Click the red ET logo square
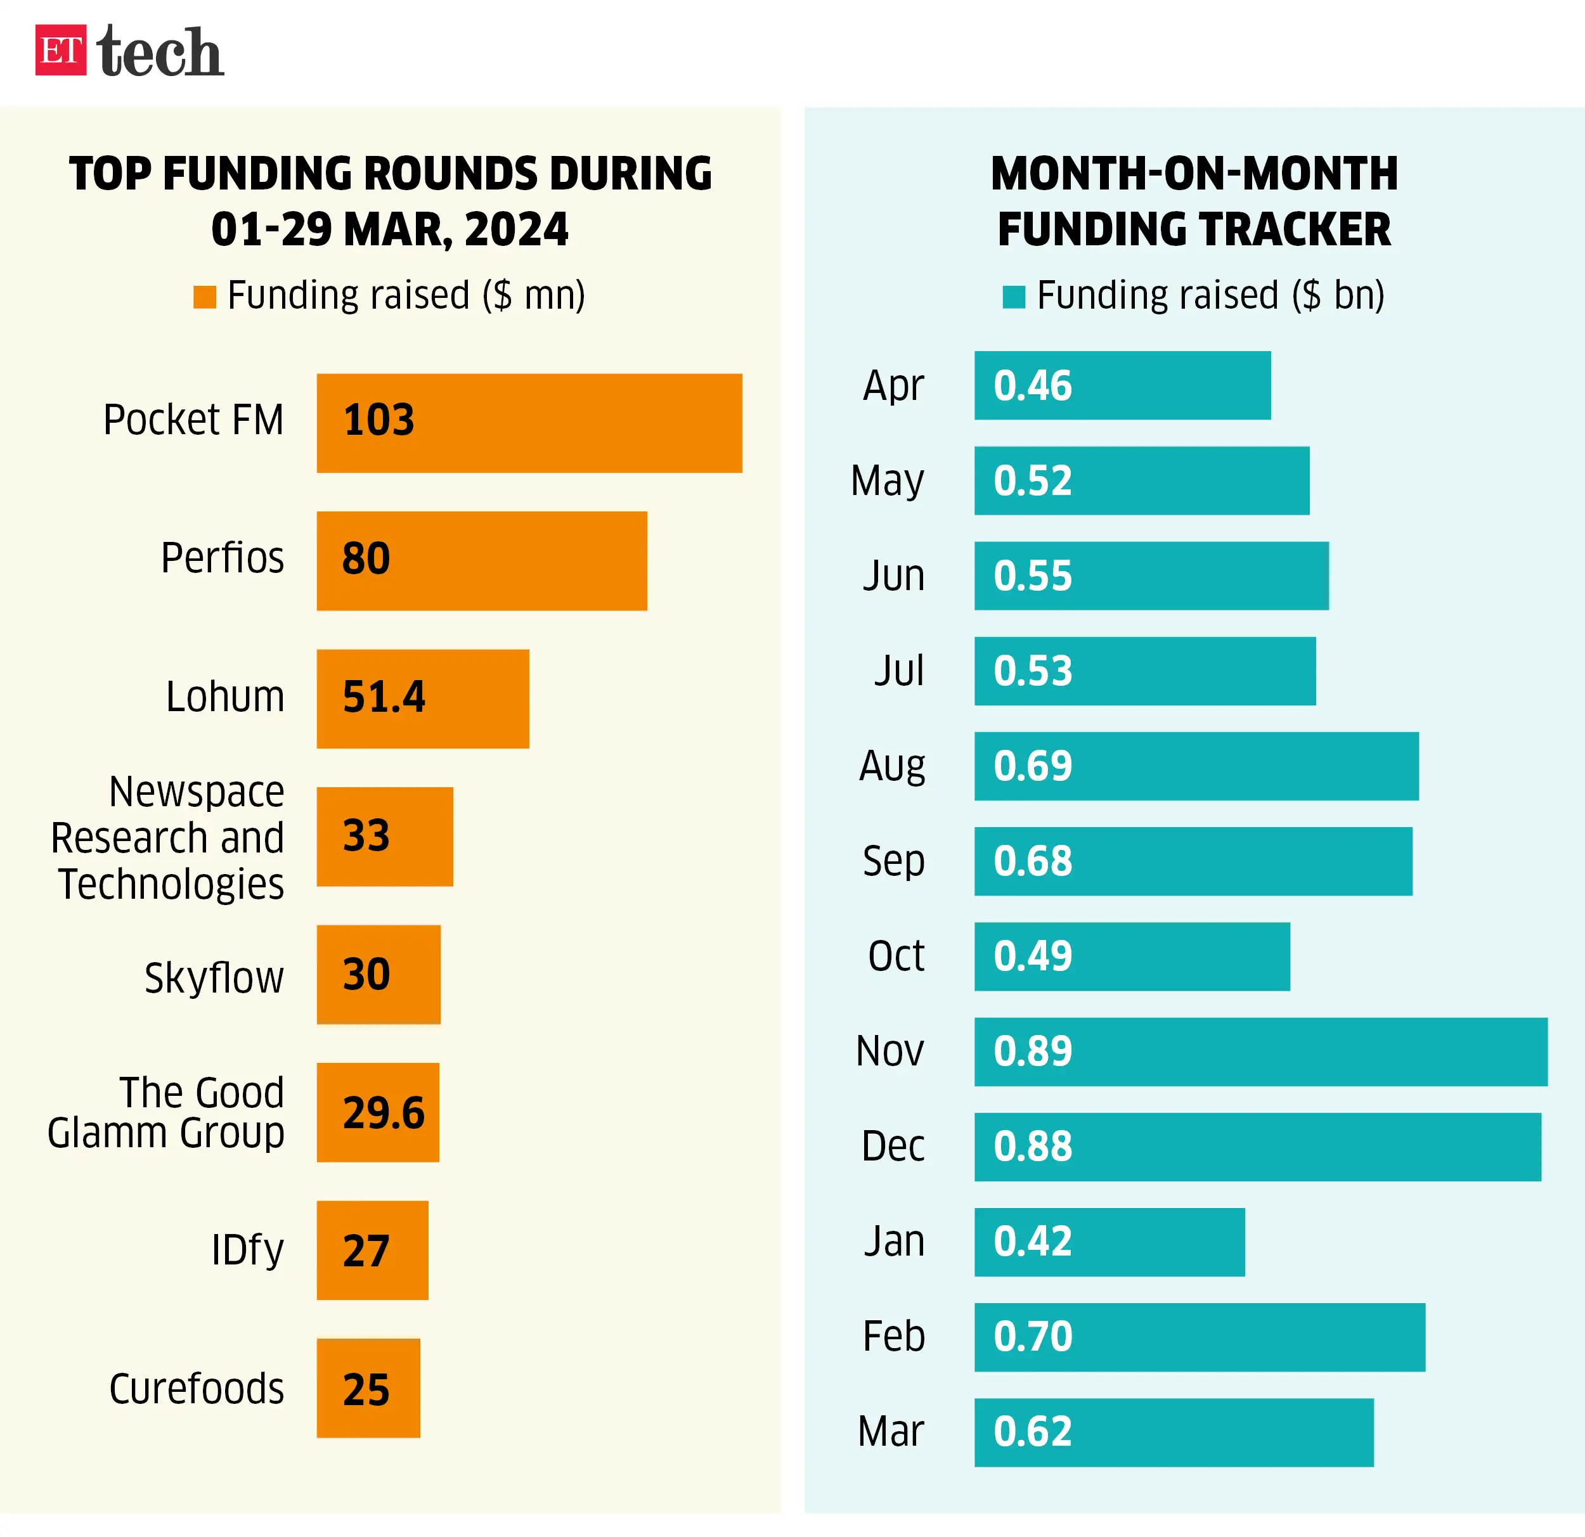click(61, 50)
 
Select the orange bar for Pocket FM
click(529, 423)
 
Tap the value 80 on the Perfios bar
click(366, 558)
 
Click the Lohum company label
click(225, 697)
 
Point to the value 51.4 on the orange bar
click(384, 697)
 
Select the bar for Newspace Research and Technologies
click(385, 836)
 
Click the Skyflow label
click(214, 977)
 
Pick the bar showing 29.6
click(378, 1112)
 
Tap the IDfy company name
click(247, 1250)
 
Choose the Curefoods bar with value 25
click(368, 1387)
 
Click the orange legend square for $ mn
click(205, 297)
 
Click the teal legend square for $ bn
click(1013, 297)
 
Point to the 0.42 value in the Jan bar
click(1033, 1241)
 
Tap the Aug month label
click(892, 766)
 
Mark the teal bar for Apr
click(1122, 385)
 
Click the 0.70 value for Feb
click(1033, 1337)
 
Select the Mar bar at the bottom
click(1174, 1432)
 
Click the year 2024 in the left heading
click(517, 229)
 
